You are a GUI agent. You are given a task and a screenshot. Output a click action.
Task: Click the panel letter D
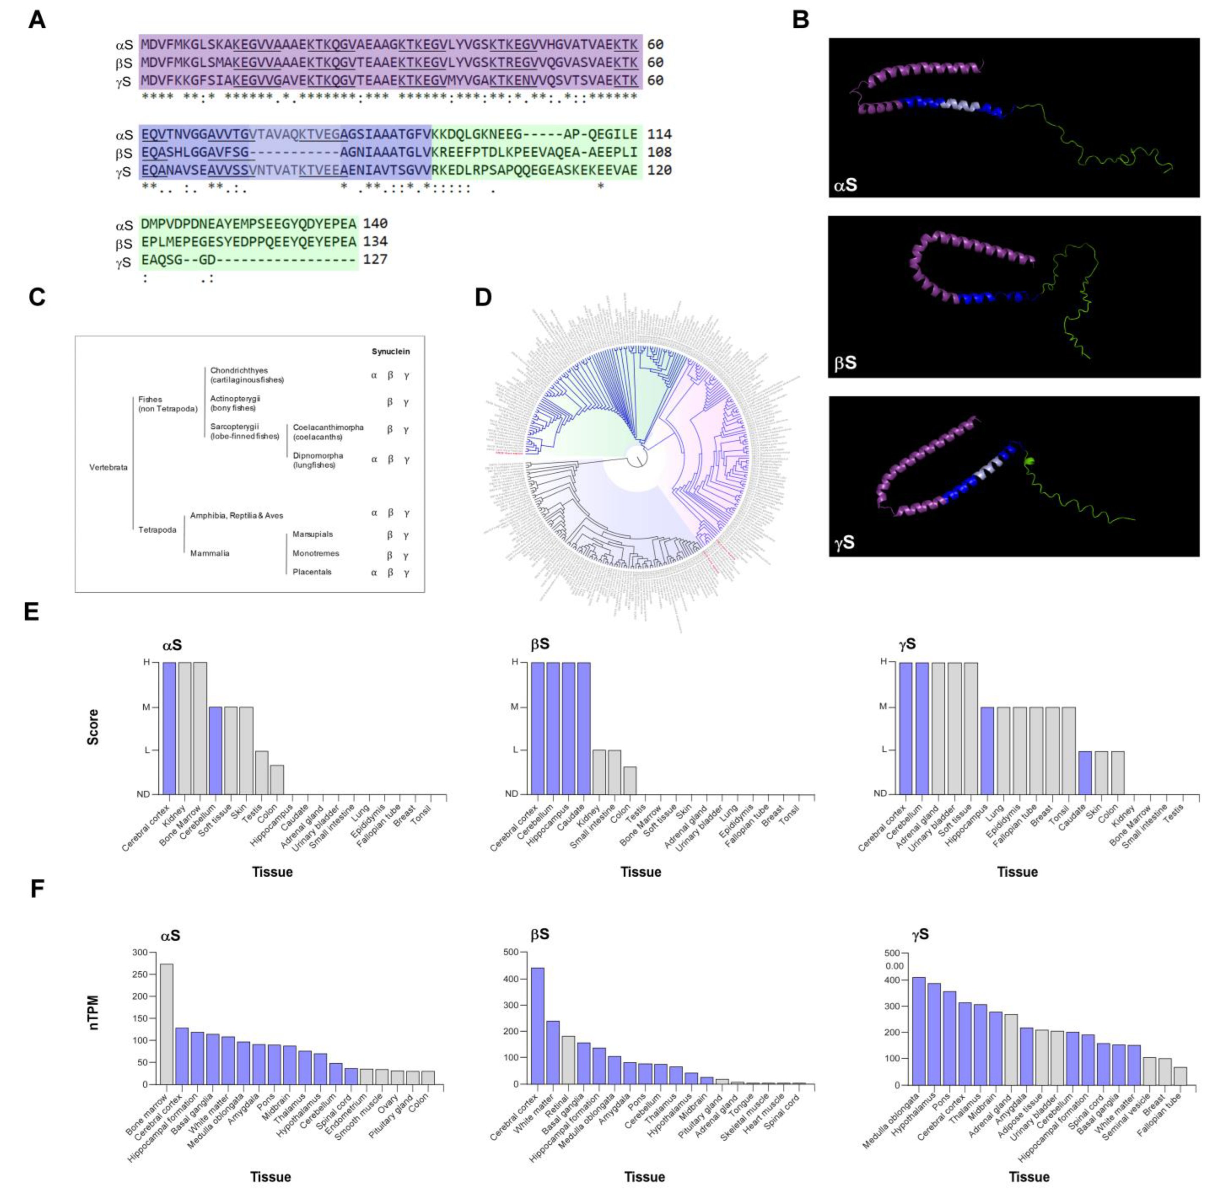(483, 297)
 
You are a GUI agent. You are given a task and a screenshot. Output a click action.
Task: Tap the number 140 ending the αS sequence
(375, 224)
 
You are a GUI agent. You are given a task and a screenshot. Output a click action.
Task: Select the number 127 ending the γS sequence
(375, 259)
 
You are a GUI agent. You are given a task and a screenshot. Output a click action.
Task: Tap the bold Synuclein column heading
(390, 352)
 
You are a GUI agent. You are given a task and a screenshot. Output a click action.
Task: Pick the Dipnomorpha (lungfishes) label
(318, 460)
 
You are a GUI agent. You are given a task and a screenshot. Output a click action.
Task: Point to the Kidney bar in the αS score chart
(184, 728)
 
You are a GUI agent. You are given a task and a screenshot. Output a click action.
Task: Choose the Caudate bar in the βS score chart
(584, 728)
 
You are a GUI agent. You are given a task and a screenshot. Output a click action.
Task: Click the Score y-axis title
(93, 727)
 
